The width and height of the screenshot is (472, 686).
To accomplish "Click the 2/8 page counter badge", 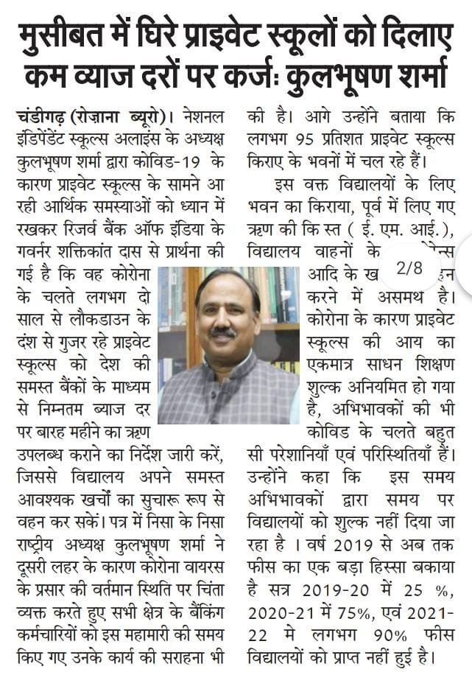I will (409, 269).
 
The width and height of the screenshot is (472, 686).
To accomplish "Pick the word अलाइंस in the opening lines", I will (142, 137).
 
